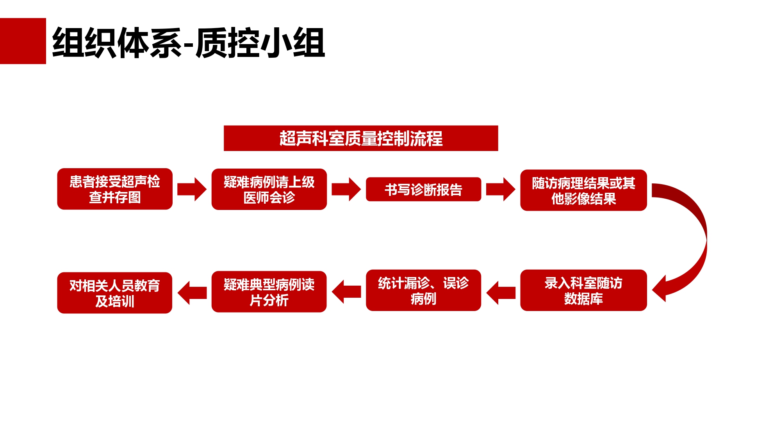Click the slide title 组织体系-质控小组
click(189, 43)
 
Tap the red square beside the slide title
click(23, 41)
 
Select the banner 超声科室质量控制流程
click(361, 138)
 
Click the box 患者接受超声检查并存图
click(115, 189)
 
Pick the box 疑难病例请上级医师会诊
click(269, 189)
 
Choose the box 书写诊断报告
click(423, 189)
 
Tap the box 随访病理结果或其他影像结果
click(583, 190)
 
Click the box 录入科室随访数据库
click(583, 290)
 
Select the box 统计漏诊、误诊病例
click(423, 290)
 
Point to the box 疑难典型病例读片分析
click(269, 291)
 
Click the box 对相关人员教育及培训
click(115, 293)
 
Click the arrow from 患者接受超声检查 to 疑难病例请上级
click(192, 189)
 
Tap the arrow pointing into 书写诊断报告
click(346, 189)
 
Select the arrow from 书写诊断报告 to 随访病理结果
click(501, 189)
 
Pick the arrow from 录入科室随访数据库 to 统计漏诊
click(501, 293)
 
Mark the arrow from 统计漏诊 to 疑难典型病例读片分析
click(346, 291)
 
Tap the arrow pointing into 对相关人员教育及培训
click(192, 293)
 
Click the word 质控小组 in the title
click(260, 43)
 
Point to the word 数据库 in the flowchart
click(583, 299)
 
